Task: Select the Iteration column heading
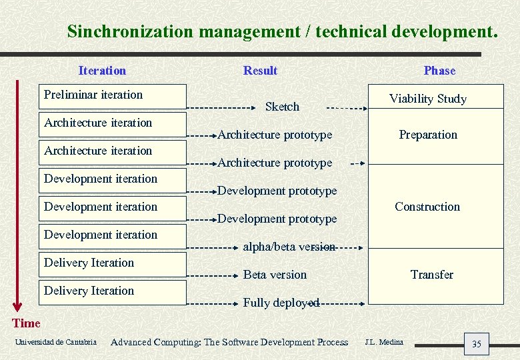coord(102,71)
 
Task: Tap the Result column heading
coord(260,71)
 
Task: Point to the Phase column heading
coord(439,71)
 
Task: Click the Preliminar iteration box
coord(114,96)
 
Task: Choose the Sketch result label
coord(282,107)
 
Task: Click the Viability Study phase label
coord(428,99)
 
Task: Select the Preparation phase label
coord(428,135)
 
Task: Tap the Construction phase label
coord(427,207)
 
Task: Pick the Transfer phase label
coord(431,275)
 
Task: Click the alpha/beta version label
coord(289,247)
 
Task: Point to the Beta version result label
coord(275,275)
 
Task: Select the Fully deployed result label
coord(281,303)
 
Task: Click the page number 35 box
coord(476,344)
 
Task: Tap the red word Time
coord(27,323)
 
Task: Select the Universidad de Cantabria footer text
coord(54,343)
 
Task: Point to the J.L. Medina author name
coord(384,342)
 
